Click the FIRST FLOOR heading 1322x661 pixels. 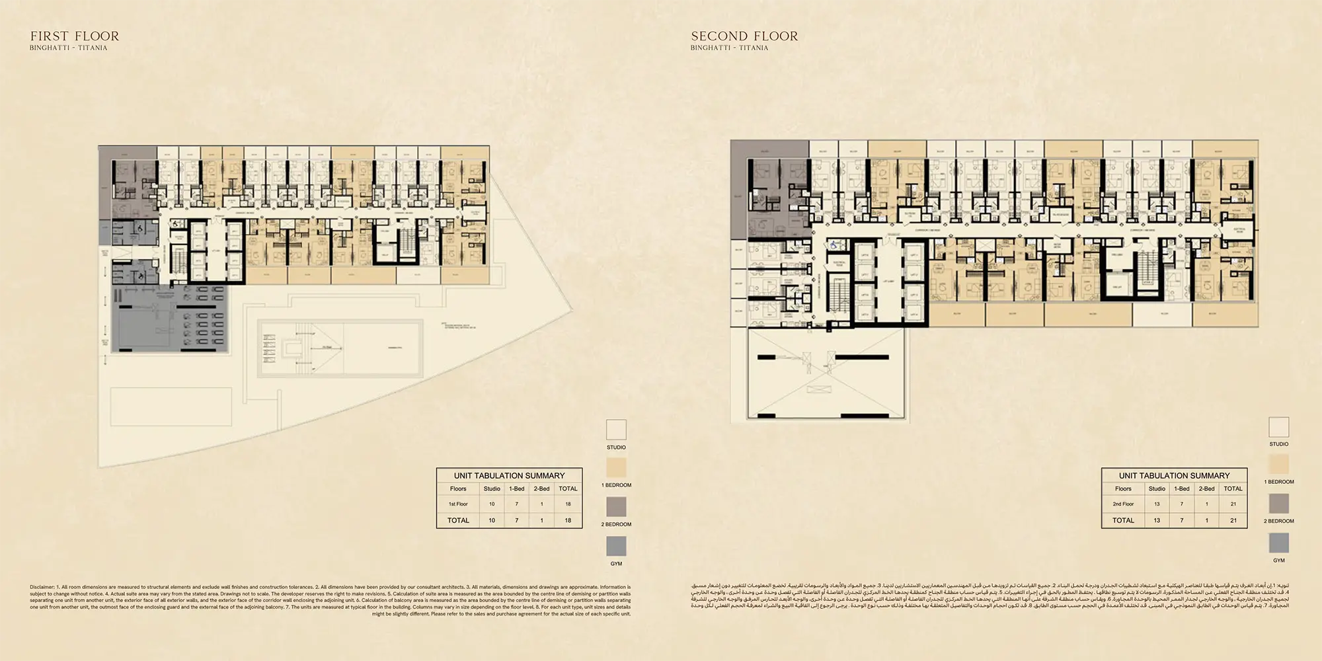pyautogui.click(x=75, y=36)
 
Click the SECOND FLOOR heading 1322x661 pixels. pyautogui.click(x=744, y=36)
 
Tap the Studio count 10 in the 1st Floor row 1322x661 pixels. pyautogui.click(x=492, y=504)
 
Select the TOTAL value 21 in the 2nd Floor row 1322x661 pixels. pyautogui.click(x=1233, y=504)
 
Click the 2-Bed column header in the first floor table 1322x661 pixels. pyautogui.click(x=541, y=488)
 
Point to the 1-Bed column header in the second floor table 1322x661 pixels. pyautogui.click(x=1182, y=488)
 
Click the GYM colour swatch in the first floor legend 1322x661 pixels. pyautogui.click(x=616, y=546)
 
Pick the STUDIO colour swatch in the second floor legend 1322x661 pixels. pyautogui.click(x=1278, y=426)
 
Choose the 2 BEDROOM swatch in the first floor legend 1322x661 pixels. pyautogui.click(x=616, y=507)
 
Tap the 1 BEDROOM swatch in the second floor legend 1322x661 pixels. pyautogui.click(x=1278, y=465)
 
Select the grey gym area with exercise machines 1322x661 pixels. pyautogui.click(x=169, y=319)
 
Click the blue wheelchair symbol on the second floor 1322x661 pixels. pyautogui.click(x=834, y=245)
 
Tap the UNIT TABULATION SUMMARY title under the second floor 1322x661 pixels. pyautogui.click(x=1174, y=475)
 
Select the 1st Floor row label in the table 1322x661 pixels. pyautogui.click(x=458, y=504)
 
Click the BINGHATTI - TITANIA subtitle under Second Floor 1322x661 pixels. pyautogui.click(x=729, y=48)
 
